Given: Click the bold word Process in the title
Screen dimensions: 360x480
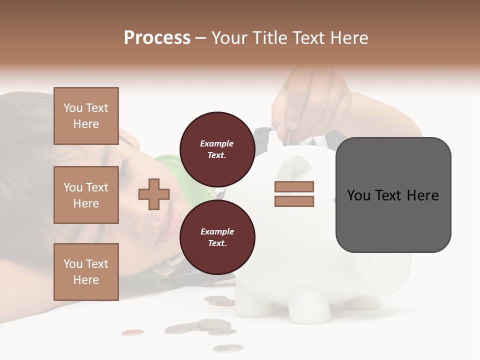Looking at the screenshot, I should point(157,38).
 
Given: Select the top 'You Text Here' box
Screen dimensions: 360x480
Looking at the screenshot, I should point(86,116).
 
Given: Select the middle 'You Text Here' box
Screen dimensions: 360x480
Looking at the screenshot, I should point(86,195).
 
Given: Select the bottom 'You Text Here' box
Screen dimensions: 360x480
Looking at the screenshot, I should point(86,271).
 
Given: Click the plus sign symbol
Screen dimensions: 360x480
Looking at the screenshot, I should point(154,194).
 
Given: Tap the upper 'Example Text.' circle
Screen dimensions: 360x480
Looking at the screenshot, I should point(217,149).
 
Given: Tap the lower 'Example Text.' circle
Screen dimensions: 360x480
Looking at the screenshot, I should point(217,237).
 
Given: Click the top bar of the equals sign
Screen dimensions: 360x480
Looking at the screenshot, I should point(294,187).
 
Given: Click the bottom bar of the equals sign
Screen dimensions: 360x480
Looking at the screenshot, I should point(294,201).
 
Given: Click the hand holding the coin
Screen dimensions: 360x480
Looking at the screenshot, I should point(310,100).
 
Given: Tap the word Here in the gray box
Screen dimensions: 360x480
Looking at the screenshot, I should point(423,195).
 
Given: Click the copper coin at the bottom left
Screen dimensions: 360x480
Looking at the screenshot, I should point(132,332).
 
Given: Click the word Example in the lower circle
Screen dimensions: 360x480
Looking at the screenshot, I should point(217,231).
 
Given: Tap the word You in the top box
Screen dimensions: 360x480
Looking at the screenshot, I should point(73,108).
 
